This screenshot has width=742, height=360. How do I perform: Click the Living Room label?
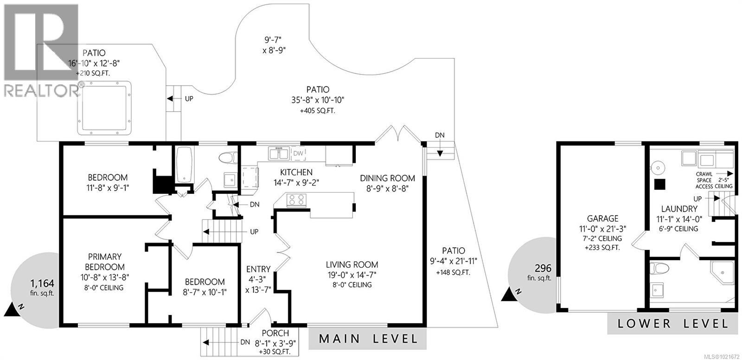[352, 265]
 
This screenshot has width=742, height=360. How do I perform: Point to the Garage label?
[602, 219]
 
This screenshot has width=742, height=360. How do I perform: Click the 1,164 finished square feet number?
[42, 283]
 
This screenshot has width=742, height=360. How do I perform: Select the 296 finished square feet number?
[543, 268]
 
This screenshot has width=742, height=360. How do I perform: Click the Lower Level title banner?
[672, 323]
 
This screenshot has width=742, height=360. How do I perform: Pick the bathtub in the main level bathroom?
[184, 165]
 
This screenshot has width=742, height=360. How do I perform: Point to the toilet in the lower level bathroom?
[659, 268]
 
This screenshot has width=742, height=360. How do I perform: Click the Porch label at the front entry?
[275, 333]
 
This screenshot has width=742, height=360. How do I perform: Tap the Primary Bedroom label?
[105, 262]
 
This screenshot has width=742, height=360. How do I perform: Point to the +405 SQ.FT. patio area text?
[317, 111]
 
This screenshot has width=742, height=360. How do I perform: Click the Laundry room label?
[679, 209]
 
